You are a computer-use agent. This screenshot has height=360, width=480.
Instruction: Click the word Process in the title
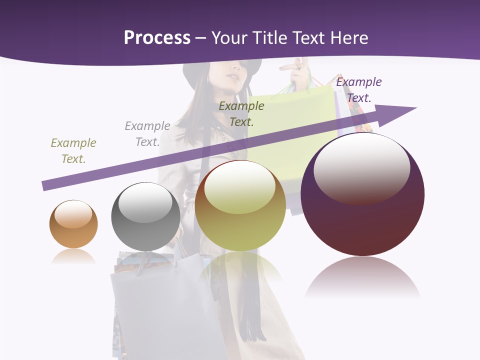pyautogui.click(x=157, y=38)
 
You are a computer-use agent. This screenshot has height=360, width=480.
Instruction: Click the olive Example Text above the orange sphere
pyautogui.click(x=73, y=151)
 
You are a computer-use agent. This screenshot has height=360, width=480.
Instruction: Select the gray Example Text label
pyautogui.click(x=147, y=134)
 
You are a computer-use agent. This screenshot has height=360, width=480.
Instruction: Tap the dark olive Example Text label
pyautogui.click(x=241, y=113)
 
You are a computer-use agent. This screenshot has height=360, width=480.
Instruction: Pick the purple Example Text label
pyautogui.click(x=359, y=90)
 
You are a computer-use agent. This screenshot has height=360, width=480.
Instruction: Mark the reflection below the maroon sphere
pyautogui.click(x=362, y=277)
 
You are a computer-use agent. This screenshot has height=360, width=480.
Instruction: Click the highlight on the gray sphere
pyautogui.click(x=145, y=202)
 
